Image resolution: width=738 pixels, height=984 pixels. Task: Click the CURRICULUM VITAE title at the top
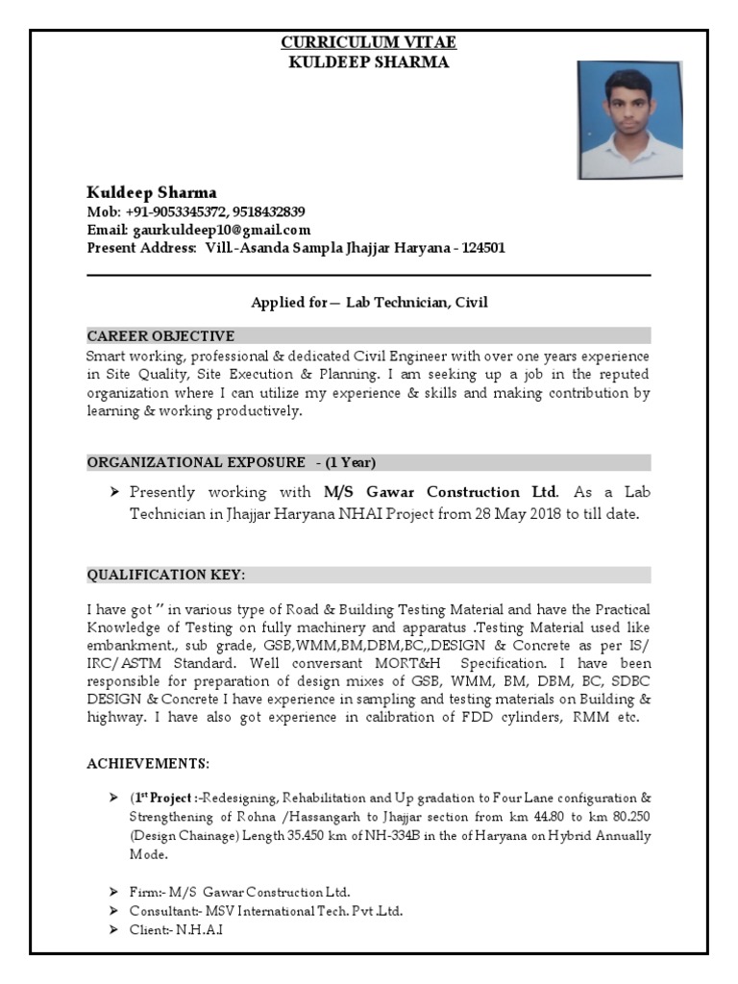(x=368, y=42)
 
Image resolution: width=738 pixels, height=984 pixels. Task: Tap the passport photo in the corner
(x=629, y=120)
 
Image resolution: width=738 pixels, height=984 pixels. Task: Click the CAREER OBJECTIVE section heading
(x=160, y=335)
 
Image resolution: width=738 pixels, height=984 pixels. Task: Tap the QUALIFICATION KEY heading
(x=166, y=575)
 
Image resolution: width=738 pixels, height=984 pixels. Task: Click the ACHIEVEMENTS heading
(x=148, y=763)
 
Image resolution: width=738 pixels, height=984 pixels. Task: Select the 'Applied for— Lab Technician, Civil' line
(x=369, y=303)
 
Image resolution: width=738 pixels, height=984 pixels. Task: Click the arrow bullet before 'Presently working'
(x=114, y=492)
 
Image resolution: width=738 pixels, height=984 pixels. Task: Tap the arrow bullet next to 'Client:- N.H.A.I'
(x=114, y=930)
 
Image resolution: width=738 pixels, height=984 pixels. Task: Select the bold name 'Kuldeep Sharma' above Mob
(x=152, y=191)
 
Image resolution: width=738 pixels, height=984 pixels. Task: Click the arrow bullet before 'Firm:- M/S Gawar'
(x=114, y=892)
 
